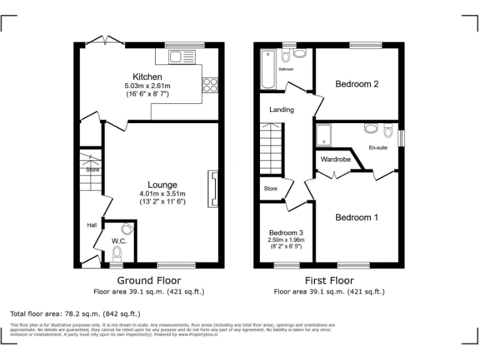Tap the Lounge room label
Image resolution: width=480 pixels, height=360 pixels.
pyautogui.click(x=162, y=184)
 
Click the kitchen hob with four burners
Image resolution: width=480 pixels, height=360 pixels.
pyautogui.click(x=210, y=86)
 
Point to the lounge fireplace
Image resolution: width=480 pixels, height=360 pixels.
pyautogui.click(x=213, y=188)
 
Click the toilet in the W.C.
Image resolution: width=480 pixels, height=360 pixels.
pyautogui.click(x=117, y=253)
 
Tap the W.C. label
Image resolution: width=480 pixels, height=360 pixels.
pyautogui.click(x=119, y=241)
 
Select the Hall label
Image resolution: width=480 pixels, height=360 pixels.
pyautogui.click(x=92, y=225)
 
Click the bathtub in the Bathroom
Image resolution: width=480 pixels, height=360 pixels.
pyautogui.click(x=268, y=69)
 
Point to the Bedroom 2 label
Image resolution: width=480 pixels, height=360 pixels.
pyautogui.click(x=357, y=84)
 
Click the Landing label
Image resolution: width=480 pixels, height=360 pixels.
pyautogui.click(x=281, y=110)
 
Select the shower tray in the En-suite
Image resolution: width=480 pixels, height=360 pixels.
pyautogui.click(x=324, y=135)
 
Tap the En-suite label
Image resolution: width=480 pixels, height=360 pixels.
pyautogui.click(x=377, y=148)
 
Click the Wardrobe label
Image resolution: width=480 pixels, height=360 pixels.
pyautogui.click(x=336, y=159)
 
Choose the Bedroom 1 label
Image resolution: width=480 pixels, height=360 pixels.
pyautogui.click(x=356, y=217)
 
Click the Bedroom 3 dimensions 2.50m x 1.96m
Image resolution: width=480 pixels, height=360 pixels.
pyautogui.click(x=286, y=239)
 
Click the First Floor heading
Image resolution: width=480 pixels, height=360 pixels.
pyautogui.click(x=329, y=281)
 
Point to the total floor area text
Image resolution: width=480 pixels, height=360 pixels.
pyautogui.click(x=75, y=313)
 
